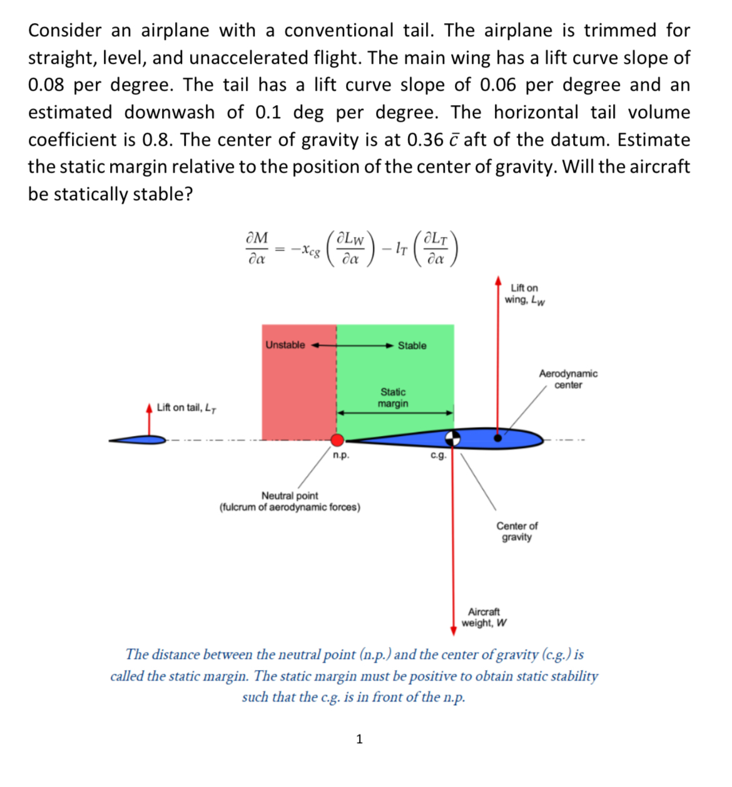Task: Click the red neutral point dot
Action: pyautogui.click(x=337, y=439)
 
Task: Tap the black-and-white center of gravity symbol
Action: pyautogui.click(x=452, y=438)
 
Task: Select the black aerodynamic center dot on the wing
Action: pyautogui.click(x=498, y=438)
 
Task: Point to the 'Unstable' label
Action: pyautogui.click(x=285, y=345)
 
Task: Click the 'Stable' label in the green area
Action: pyautogui.click(x=412, y=345)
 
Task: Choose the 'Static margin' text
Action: pyautogui.click(x=393, y=398)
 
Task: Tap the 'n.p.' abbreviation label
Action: pyautogui.click(x=341, y=455)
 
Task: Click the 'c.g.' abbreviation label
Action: pyautogui.click(x=439, y=455)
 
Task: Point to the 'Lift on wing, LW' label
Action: pyautogui.click(x=524, y=294)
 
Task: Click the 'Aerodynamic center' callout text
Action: pyautogui.click(x=568, y=379)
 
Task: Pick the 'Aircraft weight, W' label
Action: pyautogui.click(x=484, y=617)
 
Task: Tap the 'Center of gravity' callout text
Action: pyautogui.click(x=517, y=532)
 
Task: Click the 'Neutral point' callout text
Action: pyautogui.click(x=290, y=501)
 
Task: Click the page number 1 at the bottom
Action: pyautogui.click(x=359, y=739)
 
